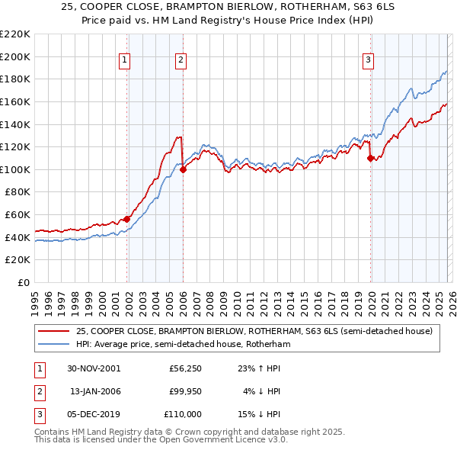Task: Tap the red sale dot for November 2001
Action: tap(127, 219)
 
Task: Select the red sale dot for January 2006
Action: tap(183, 170)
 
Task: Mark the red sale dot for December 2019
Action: tap(371, 159)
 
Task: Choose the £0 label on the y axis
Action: tap(23, 282)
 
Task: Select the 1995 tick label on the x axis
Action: tap(35, 301)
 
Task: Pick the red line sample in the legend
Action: tap(53, 331)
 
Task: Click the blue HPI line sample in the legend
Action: tap(53, 344)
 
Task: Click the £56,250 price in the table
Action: tap(185, 367)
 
